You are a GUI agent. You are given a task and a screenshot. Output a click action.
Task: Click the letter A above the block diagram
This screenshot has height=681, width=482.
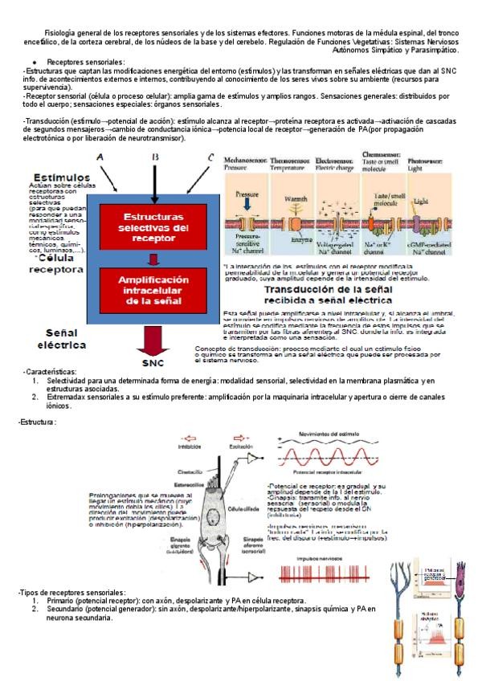click(x=100, y=158)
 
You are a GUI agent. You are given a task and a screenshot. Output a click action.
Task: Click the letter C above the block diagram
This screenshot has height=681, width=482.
click(x=210, y=157)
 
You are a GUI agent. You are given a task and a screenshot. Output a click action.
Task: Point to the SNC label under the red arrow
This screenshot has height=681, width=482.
click(x=153, y=363)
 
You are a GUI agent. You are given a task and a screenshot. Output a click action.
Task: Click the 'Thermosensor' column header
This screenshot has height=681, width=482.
click(x=293, y=160)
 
